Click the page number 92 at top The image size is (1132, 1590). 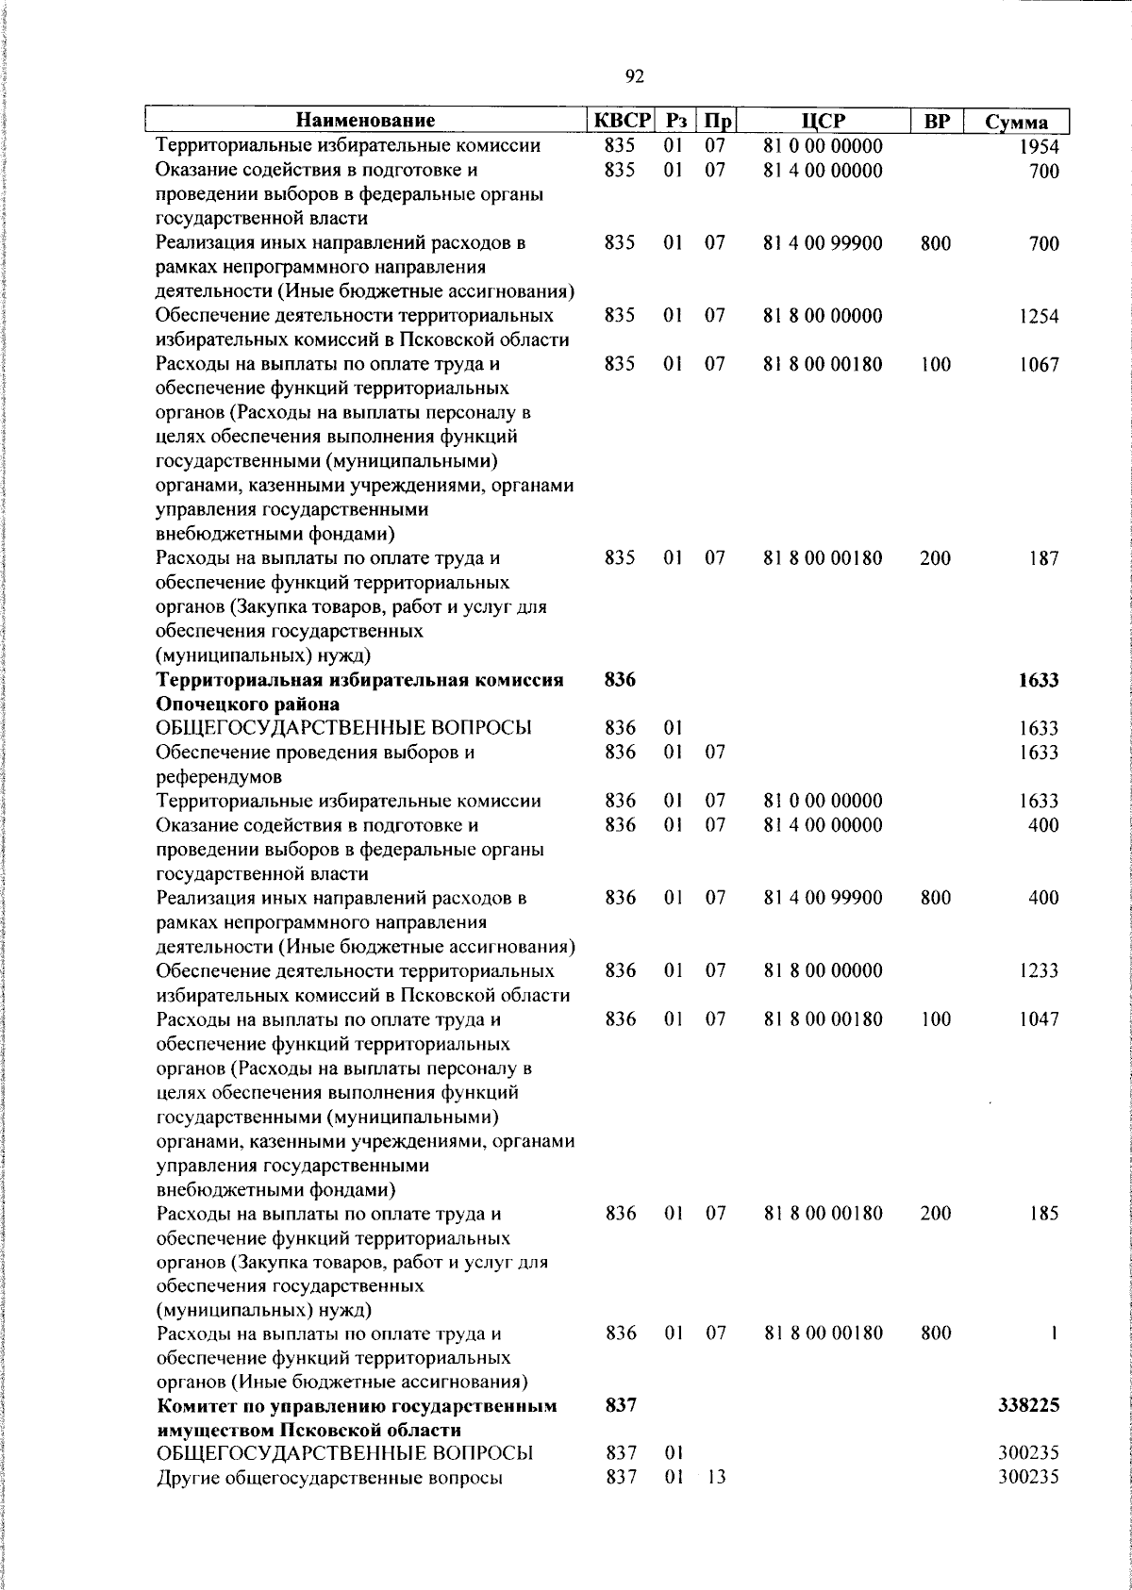pyautogui.click(x=635, y=76)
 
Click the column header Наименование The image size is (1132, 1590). pyautogui.click(x=366, y=121)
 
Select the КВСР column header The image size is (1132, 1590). pyautogui.click(x=621, y=121)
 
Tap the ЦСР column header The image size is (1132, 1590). pyautogui.click(x=823, y=121)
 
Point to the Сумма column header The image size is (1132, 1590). pyautogui.click(x=1016, y=123)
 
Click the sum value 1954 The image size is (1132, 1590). pyautogui.click(x=1039, y=147)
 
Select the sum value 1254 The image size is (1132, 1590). pyautogui.click(x=1039, y=317)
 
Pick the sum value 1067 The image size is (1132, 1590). pyautogui.click(x=1039, y=365)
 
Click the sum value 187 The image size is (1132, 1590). pyautogui.click(x=1043, y=558)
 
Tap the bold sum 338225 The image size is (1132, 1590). pyautogui.click(x=1028, y=1406)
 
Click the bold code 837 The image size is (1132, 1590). pyautogui.click(x=620, y=1406)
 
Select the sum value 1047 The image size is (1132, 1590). pyautogui.click(x=1039, y=1019)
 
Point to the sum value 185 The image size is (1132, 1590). pyautogui.click(x=1043, y=1214)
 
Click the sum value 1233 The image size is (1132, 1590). pyautogui.click(x=1039, y=971)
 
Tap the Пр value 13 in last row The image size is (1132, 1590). pyautogui.click(x=716, y=1478)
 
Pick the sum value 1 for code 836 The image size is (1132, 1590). pyautogui.click(x=1054, y=1333)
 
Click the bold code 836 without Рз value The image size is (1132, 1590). pyautogui.click(x=620, y=680)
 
